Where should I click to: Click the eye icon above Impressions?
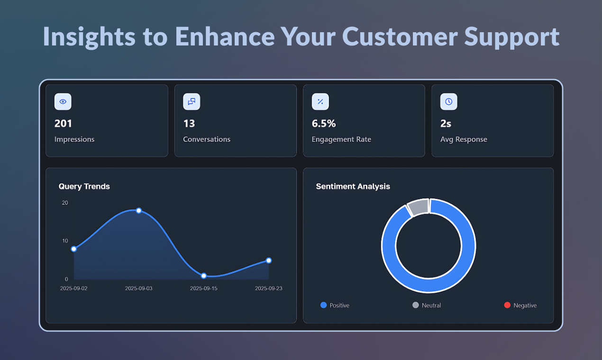click(x=63, y=102)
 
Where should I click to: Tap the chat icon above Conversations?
click(x=192, y=102)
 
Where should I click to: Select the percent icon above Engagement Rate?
click(x=320, y=102)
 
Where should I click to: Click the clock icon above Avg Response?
click(x=449, y=102)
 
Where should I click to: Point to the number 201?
click(x=63, y=124)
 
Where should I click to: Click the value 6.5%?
click(x=324, y=124)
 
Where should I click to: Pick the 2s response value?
click(x=446, y=124)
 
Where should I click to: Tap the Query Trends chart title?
click(x=84, y=187)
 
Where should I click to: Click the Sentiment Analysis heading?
click(x=353, y=187)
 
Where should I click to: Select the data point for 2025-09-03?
click(x=139, y=210)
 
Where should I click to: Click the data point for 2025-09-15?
click(x=204, y=276)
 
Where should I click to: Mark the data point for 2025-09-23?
click(x=269, y=261)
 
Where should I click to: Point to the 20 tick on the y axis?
click(x=65, y=203)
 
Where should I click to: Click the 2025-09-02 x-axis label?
click(x=73, y=288)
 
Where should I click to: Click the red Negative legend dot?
click(x=507, y=305)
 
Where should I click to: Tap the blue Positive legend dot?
click(x=324, y=305)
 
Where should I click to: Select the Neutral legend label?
click(x=431, y=306)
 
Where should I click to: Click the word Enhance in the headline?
click(x=224, y=36)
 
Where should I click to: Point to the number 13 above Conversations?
click(x=189, y=124)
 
